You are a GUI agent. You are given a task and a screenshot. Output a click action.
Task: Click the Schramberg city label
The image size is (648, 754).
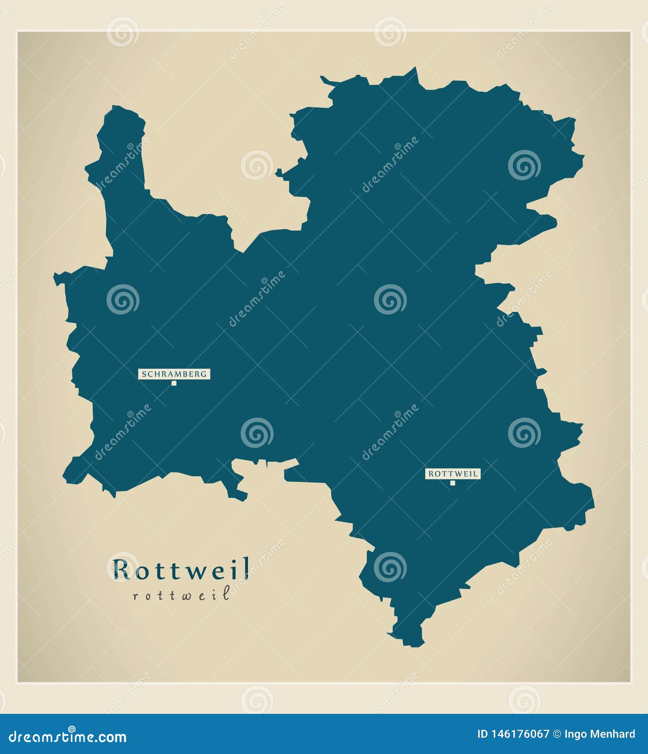coord(174,374)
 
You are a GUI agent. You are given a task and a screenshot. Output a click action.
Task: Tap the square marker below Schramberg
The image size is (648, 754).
coord(174,383)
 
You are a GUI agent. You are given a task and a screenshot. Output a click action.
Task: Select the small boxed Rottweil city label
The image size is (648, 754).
coord(452,474)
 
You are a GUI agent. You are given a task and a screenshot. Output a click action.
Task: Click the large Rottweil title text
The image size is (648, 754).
coord(181,570)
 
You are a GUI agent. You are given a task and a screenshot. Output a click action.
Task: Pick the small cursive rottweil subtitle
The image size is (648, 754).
coord(181,595)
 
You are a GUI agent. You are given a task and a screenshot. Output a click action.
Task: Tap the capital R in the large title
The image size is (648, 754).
coord(121,570)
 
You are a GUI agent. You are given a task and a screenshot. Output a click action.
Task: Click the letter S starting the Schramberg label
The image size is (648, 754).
coord(144,374)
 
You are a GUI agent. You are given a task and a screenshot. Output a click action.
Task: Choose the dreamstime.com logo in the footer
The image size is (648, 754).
coord(68,737)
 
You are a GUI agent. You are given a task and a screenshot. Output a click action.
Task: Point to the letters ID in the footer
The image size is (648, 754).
coord(482,734)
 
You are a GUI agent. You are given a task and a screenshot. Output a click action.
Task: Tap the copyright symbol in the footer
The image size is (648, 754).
coord(557,734)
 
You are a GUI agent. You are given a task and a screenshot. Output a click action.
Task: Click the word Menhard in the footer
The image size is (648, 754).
coord(614,734)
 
